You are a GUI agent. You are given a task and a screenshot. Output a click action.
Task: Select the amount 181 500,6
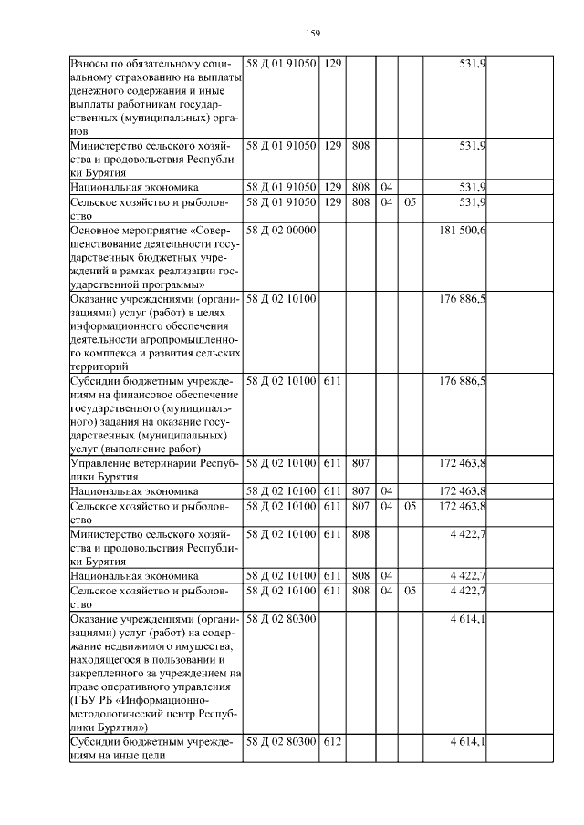point(463,232)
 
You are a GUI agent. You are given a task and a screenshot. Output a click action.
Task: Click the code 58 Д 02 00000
point(281,232)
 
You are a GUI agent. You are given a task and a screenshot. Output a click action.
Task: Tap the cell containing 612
point(332,743)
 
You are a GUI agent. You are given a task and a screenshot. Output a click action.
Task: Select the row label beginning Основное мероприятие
point(156,258)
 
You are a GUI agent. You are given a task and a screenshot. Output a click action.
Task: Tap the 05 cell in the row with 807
point(410,505)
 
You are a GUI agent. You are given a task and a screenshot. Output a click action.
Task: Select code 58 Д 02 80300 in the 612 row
point(281,743)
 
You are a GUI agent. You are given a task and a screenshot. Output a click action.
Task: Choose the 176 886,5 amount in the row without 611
point(463,297)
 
